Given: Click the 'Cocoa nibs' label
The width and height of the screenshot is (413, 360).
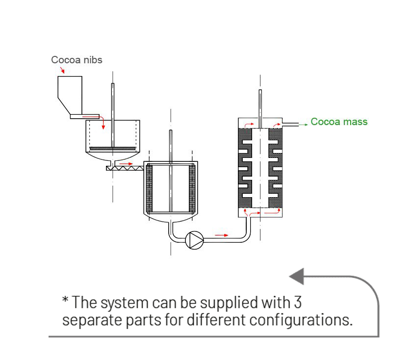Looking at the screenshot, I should click(77, 60).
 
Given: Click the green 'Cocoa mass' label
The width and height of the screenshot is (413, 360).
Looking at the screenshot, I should click(339, 122).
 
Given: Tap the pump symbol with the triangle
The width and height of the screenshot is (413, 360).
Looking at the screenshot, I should click(195, 240).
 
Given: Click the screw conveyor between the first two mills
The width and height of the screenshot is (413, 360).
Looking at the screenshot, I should click(125, 168).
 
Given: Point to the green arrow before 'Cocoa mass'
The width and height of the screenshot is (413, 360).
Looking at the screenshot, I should click(303, 125).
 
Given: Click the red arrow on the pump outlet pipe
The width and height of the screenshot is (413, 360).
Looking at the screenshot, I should click(222, 235).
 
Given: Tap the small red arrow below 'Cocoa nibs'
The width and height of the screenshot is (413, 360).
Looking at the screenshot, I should click(62, 71).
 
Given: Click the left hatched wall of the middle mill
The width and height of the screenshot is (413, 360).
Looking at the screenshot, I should click(149, 188).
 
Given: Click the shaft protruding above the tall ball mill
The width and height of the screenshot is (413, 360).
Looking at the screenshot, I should click(260, 103).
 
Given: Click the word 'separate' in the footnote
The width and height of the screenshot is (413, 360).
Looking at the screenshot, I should click(92, 321).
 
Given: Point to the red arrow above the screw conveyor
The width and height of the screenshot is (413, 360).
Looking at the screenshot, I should click(127, 163).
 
